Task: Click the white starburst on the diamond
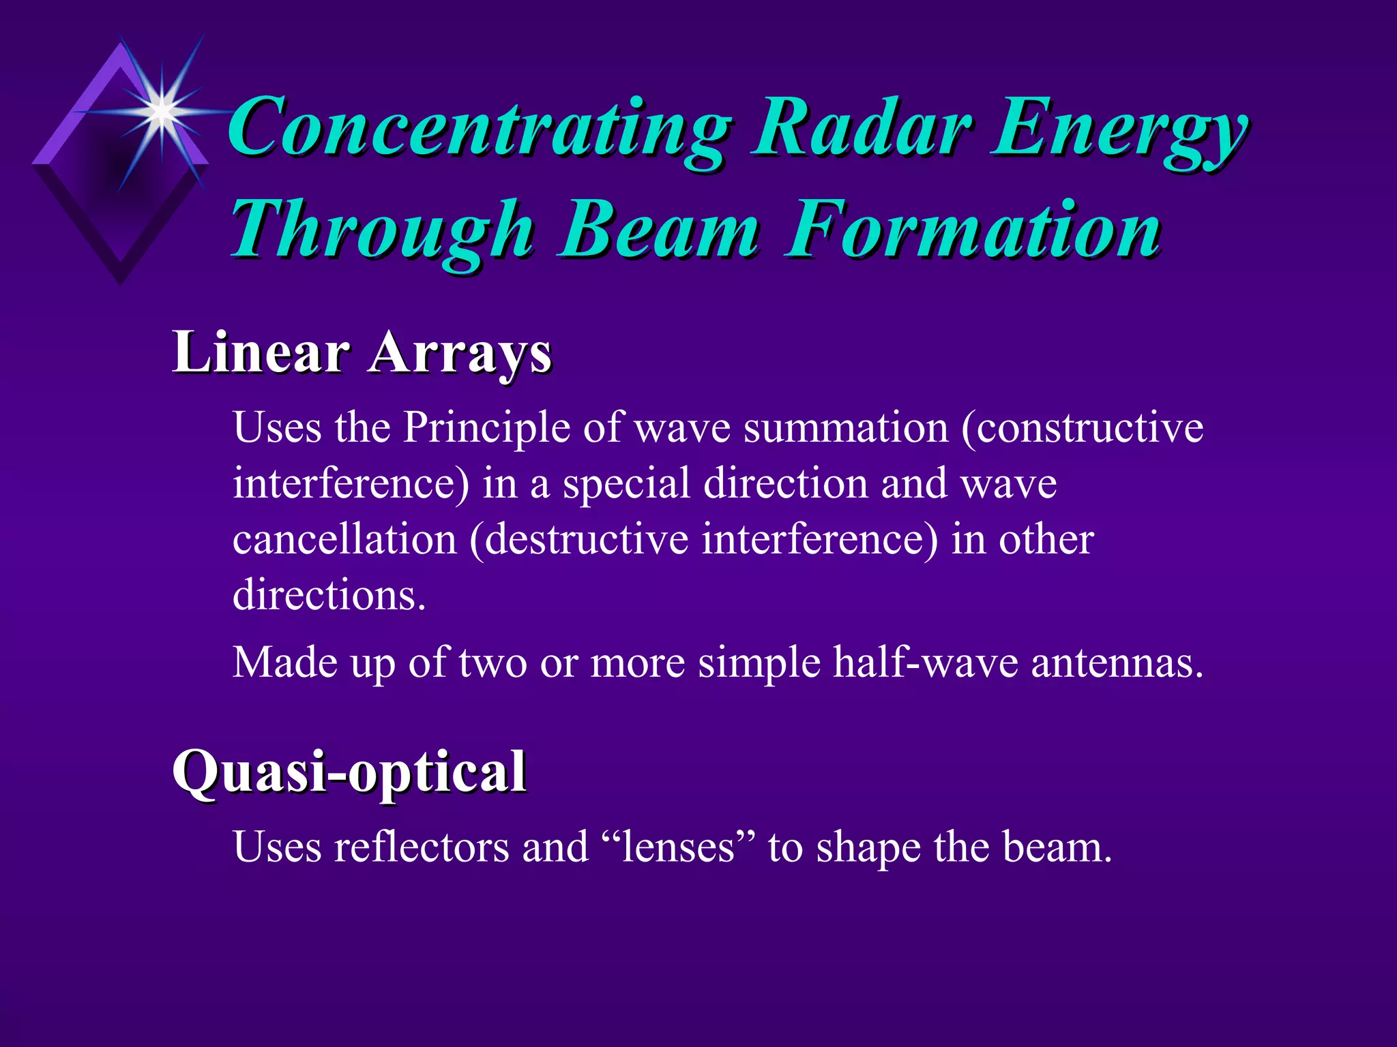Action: click(161, 111)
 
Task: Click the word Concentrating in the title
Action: click(477, 130)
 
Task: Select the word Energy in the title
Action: click(1119, 130)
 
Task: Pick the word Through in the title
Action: click(382, 232)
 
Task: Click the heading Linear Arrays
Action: click(362, 353)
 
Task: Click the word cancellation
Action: click(344, 540)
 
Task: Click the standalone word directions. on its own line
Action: click(329, 596)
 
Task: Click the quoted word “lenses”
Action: click(679, 848)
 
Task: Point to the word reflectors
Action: click(421, 848)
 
